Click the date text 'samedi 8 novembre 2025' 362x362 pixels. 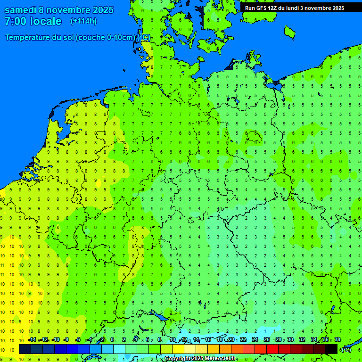59,10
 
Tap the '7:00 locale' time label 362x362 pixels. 33,22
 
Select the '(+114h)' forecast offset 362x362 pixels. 83,21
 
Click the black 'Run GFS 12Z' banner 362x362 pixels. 295,8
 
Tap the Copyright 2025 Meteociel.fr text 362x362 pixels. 200,359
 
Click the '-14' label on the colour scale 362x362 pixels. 32,340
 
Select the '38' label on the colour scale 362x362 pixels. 337,340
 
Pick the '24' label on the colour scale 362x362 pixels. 255,340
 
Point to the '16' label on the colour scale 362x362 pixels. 208,340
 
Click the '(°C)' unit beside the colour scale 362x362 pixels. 346,350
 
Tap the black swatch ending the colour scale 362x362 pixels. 331,349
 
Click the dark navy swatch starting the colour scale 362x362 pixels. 25,349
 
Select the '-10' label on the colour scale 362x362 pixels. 55,340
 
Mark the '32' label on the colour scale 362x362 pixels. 302,340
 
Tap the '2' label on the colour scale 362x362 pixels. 123,340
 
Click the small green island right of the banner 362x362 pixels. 289,32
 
